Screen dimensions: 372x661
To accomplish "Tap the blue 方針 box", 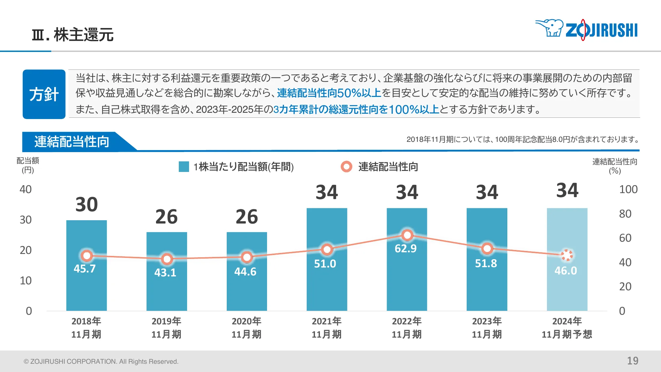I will pos(44,94).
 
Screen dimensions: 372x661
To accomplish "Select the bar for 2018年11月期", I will pos(87,284).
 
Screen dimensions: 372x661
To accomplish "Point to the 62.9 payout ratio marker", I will pos(407,235).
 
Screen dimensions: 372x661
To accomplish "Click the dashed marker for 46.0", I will pos(567,255).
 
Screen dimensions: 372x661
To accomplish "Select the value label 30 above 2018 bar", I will pos(87,205).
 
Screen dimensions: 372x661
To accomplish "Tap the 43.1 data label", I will pos(165,273).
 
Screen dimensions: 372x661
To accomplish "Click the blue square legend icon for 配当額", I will pos(184,167).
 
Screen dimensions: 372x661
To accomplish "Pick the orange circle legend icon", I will pos(346,167).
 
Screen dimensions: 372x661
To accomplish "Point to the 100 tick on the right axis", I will pos(628,189).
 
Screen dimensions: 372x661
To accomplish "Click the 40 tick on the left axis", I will pos(25,189).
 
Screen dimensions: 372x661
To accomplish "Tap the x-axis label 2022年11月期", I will pos(407,328).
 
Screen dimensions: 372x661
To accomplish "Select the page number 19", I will pos(633,361).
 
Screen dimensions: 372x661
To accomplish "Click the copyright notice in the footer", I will pos(101,361).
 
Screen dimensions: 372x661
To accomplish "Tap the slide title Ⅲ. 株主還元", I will pos(73,35).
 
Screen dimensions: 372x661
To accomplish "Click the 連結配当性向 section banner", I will pos(72,142).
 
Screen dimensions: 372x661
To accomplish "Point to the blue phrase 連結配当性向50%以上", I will pos(329,93).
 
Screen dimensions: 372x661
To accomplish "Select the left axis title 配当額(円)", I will pos(28,165).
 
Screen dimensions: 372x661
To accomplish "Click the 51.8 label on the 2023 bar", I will pos(486,264).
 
